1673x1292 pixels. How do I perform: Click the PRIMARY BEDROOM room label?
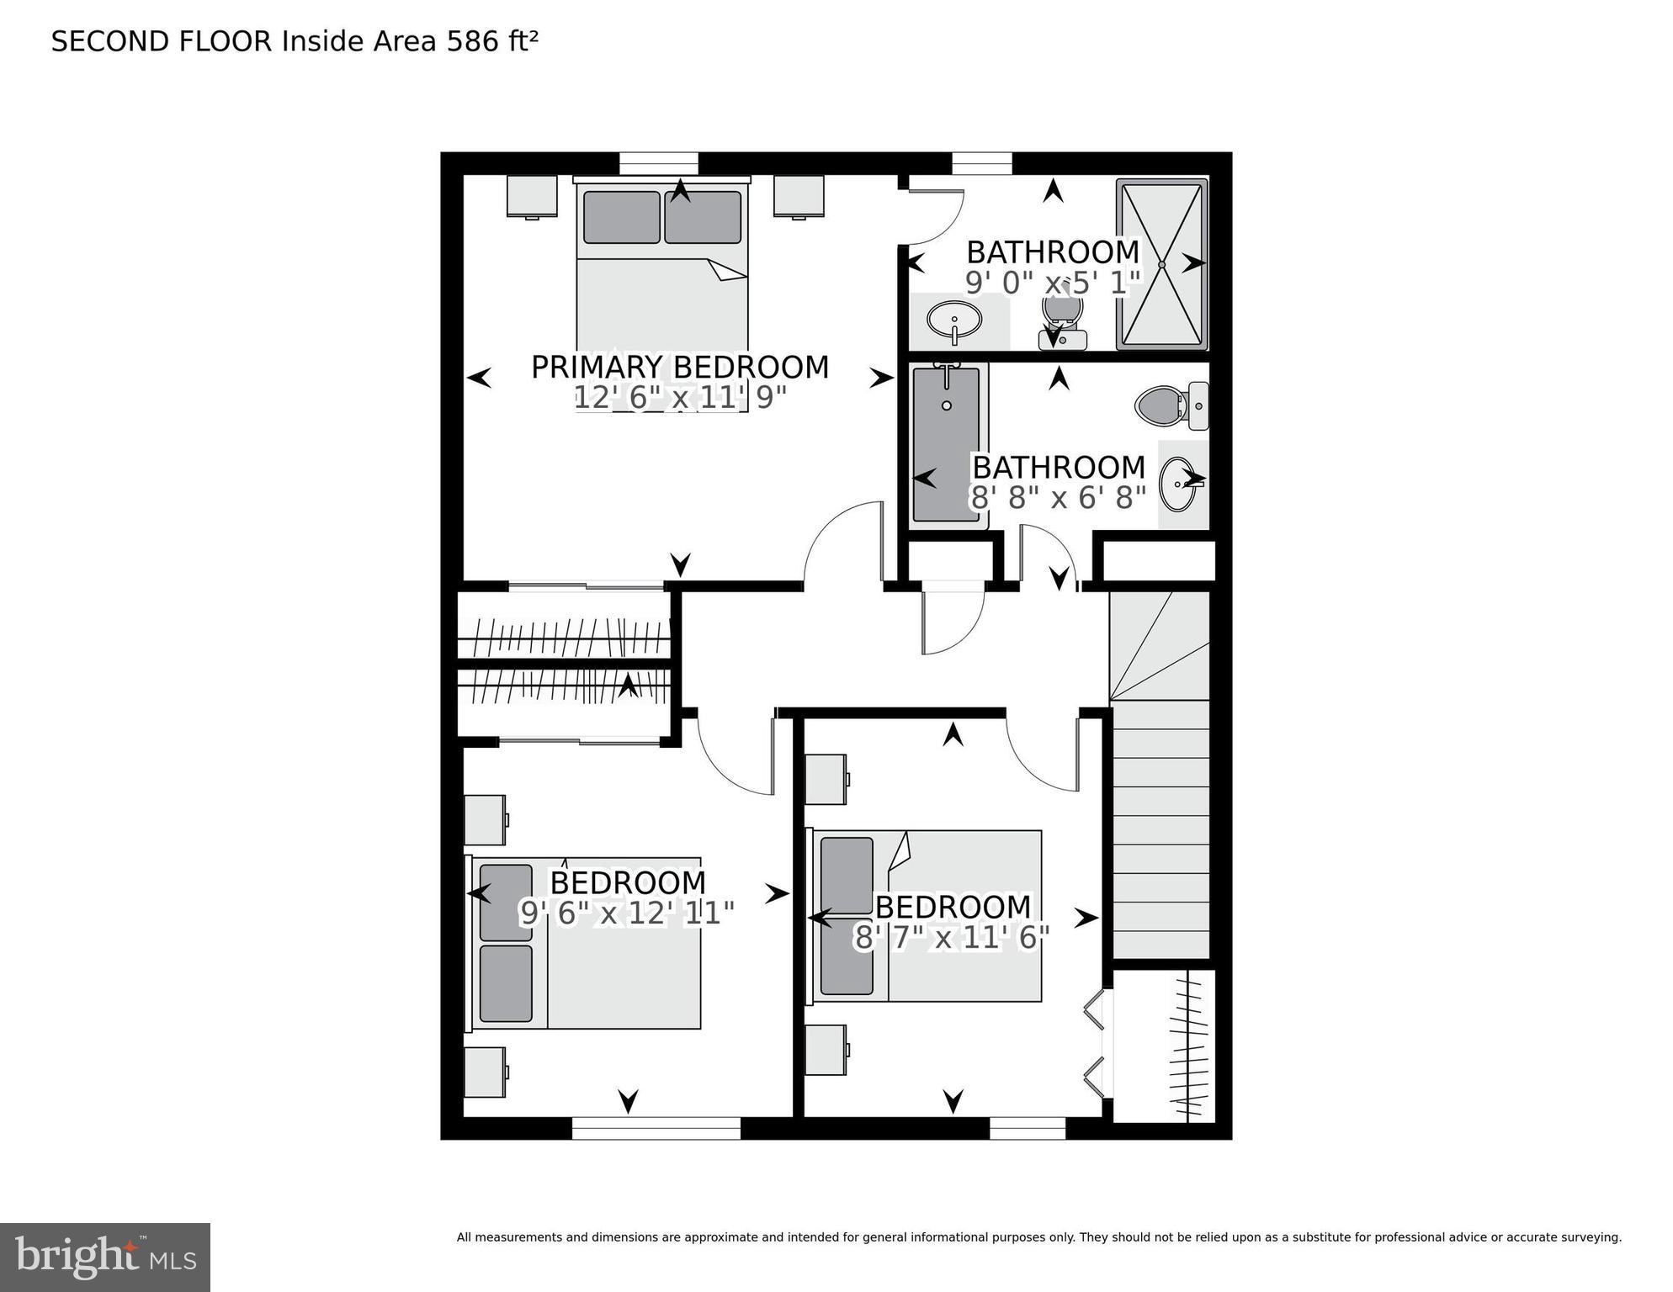pos(680,368)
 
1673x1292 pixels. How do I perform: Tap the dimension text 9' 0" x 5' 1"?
pos(1052,283)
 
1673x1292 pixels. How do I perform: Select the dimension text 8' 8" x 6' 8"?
pos(1059,498)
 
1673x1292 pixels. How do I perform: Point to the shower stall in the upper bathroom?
pos(1161,263)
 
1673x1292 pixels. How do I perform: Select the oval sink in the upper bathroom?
pos(954,320)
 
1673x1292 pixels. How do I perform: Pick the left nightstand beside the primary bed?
pos(532,196)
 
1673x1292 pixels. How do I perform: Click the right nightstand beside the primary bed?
pos(799,196)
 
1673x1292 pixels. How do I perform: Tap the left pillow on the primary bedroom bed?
pos(621,217)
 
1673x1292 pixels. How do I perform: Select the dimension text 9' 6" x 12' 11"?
pos(627,913)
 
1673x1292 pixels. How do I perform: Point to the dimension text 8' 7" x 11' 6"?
pos(952,937)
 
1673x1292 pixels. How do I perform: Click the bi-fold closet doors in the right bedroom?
pos(1096,1044)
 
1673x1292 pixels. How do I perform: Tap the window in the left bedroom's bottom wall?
pos(656,1128)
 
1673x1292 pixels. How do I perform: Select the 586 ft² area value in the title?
pos(491,41)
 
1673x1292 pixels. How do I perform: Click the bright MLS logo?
pos(105,1257)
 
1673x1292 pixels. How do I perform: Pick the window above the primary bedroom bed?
pos(659,162)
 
